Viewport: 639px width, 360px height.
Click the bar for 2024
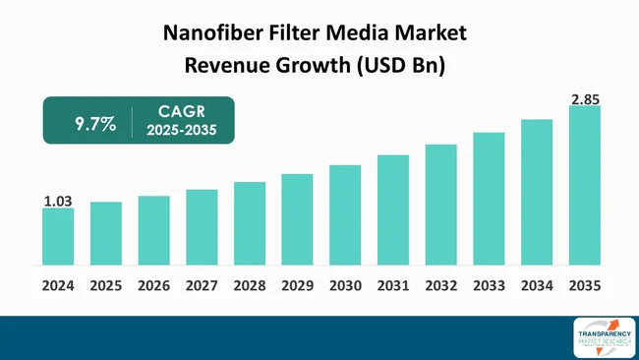[58, 236]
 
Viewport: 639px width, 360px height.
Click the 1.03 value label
[58, 201]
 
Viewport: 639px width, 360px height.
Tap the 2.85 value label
[585, 99]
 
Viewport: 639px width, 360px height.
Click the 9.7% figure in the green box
[95, 125]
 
